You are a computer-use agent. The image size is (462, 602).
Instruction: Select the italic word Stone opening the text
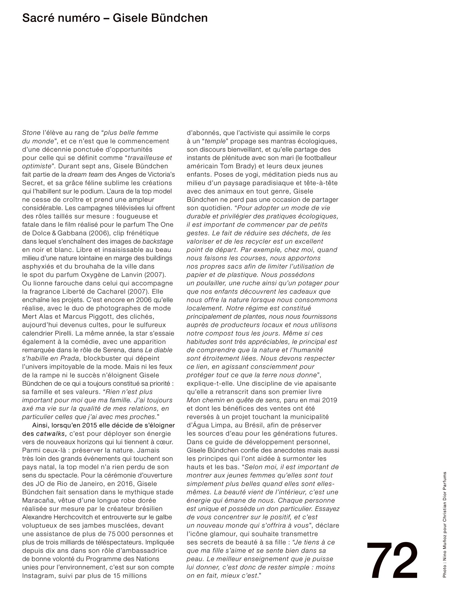tap(31, 133)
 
